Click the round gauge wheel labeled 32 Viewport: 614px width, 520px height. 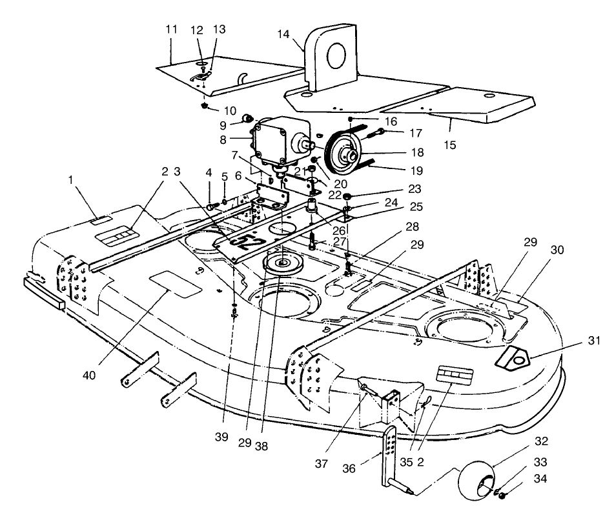point(481,479)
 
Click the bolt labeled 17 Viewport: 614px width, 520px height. point(374,134)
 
